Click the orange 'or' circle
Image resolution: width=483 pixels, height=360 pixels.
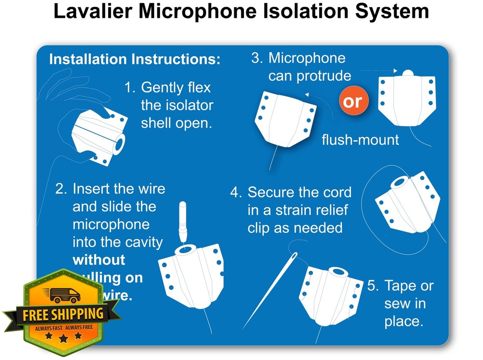(x=353, y=101)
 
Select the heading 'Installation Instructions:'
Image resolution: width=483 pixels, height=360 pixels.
(x=135, y=59)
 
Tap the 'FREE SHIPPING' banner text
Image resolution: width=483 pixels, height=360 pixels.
(x=63, y=314)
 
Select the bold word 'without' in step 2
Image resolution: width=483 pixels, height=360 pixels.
(x=99, y=259)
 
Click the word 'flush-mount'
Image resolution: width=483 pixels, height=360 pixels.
(x=360, y=140)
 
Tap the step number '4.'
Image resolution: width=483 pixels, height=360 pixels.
(x=236, y=192)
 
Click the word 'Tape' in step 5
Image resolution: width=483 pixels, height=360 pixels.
(x=401, y=286)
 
